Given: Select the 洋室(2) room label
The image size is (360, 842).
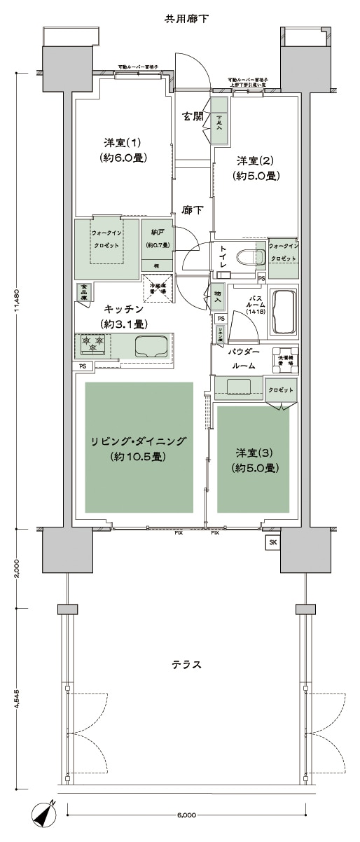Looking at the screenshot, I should tap(257, 168).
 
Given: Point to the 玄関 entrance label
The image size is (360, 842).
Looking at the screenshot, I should tap(193, 117).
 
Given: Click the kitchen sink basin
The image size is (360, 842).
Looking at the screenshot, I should tap(151, 346).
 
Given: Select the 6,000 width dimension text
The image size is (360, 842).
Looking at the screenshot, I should tap(186, 815).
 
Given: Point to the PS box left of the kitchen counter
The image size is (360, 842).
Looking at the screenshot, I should tap(83, 366).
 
